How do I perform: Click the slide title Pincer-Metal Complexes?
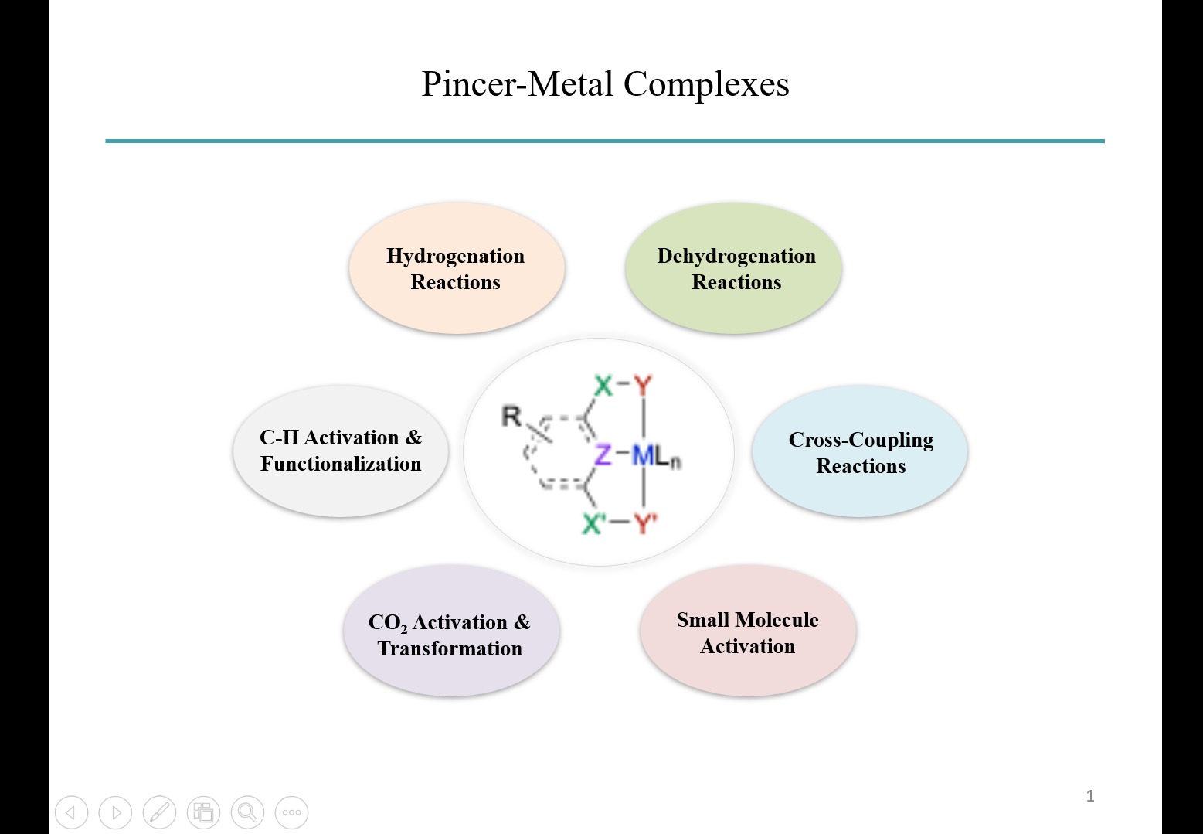tap(605, 84)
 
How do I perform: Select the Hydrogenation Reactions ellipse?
tap(456, 269)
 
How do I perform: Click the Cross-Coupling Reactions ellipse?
tap(860, 452)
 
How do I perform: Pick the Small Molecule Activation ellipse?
tap(747, 632)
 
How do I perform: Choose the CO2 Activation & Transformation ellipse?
tap(450, 634)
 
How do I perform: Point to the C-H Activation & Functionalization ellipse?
tap(341, 451)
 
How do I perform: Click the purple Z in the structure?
tap(603, 454)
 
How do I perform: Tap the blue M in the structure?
tap(643, 455)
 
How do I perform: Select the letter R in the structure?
tap(511, 417)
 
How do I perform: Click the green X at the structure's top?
tap(603, 385)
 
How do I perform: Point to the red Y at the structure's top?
tap(643, 385)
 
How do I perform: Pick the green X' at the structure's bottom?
tap(593, 524)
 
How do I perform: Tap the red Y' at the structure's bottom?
tap(645, 524)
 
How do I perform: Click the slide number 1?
tap(1090, 796)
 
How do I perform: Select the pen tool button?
tap(159, 812)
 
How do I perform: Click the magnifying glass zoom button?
tap(247, 812)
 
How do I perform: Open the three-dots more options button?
tap(291, 812)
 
